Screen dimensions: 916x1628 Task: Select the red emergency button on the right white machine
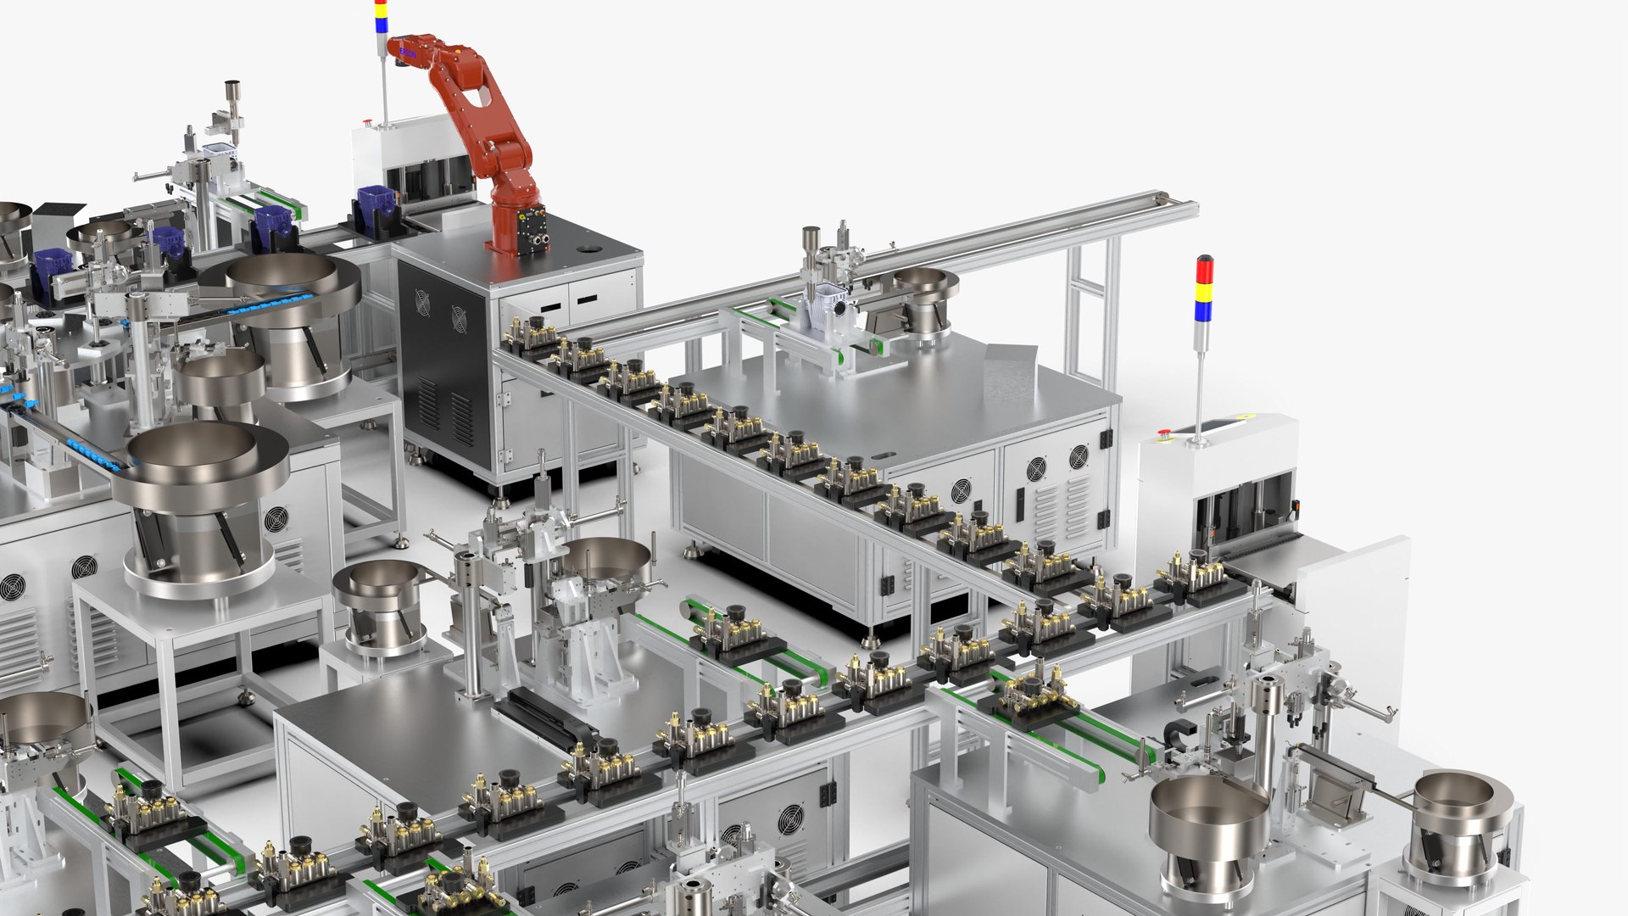(1164, 434)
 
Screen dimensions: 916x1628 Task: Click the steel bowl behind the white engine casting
(926, 288)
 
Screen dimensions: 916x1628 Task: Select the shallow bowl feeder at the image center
(607, 560)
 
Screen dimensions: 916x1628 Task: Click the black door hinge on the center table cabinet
(1105, 438)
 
